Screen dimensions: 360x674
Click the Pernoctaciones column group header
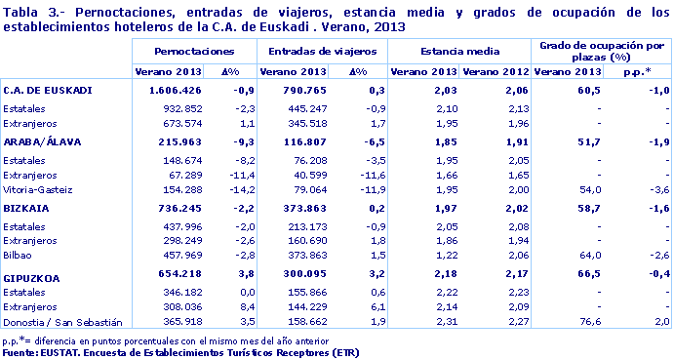pyautogui.click(x=194, y=50)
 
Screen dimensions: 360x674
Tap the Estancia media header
pyautogui.click(x=458, y=50)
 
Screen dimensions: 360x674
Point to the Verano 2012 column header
pyautogui.click(x=495, y=72)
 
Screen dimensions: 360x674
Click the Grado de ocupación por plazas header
pyautogui.click(x=602, y=50)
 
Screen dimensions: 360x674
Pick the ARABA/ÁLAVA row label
pyautogui.click(x=44, y=142)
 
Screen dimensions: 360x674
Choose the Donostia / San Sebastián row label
pyautogui.click(x=62, y=322)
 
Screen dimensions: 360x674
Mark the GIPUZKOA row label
pyautogui.click(x=32, y=278)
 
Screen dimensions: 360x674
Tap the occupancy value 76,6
pyautogui.click(x=585, y=322)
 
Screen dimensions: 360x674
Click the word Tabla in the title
pyautogui.click(x=21, y=11)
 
